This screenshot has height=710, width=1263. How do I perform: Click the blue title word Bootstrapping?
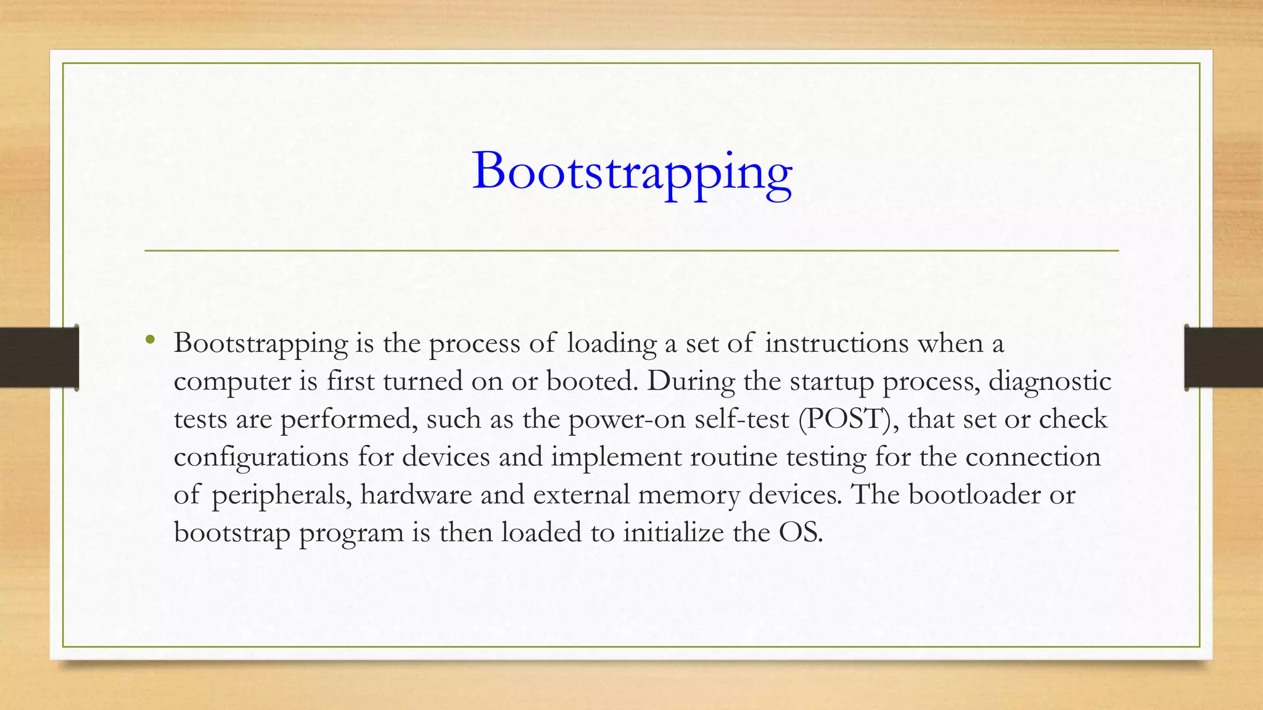pyautogui.click(x=632, y=172)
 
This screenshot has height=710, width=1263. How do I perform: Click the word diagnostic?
pyautogui.click(x=1050, y=382)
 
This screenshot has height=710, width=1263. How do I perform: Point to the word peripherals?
pyautogui.click(x=281, y=496)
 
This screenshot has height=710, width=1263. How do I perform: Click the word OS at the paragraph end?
pyautogui.click(x=800, y=532)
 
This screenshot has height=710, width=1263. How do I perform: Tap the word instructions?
pyautogui.click(x=836, y=343)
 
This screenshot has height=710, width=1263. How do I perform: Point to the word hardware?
pyautogui.click(x=416, y=495)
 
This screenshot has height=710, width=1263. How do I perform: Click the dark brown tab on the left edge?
pyautogui.click(x=39, y=357)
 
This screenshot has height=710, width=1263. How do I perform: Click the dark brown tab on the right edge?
pyautogui.click(x=1224, y=357)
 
